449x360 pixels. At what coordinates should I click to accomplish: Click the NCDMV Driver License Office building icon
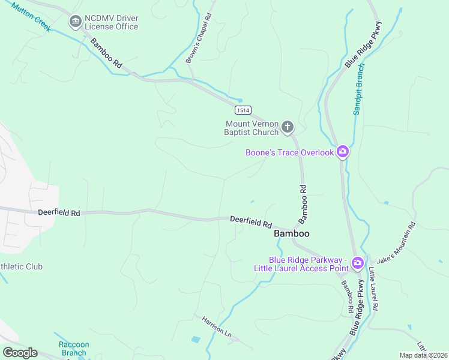[75, 22]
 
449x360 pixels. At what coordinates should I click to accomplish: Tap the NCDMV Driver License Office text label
[112, 22]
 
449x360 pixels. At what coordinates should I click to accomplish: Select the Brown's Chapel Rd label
[198, 38]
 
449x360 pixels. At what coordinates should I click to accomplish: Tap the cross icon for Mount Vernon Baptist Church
[288, 127]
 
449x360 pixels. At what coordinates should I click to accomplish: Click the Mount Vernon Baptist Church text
[252, 128]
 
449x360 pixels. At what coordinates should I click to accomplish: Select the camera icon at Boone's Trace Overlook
[342, 152]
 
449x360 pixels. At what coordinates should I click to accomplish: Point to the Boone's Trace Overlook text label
[289, 152]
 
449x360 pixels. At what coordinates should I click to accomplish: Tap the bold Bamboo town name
[292, 233]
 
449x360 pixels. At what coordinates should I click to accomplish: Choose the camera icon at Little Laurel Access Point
[357, 263]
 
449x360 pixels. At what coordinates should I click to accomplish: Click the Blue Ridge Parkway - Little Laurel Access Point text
[301, 263]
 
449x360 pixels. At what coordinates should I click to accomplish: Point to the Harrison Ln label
[216, 326]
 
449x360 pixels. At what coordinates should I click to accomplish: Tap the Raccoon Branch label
[73, 349]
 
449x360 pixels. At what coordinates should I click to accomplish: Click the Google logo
[20, 352]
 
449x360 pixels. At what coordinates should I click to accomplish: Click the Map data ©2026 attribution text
[423, 355]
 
